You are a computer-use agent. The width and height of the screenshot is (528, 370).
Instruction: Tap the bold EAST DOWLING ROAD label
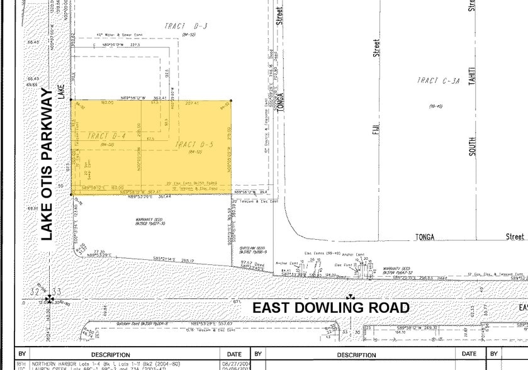point(331,308)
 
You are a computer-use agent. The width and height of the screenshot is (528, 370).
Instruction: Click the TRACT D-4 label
point(107,136)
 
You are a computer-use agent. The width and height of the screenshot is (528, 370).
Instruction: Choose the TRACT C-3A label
point(435,81)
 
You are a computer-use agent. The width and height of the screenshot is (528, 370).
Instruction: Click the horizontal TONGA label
point(425,237)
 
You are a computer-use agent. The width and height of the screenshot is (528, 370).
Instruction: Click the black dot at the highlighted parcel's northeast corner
point(231,101)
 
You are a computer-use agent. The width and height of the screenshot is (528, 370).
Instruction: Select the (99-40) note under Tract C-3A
point(435,106)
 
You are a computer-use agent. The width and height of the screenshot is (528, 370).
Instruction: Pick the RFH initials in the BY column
point(21,364)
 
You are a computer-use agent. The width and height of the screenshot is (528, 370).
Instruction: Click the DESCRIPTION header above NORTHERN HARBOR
point(110,355)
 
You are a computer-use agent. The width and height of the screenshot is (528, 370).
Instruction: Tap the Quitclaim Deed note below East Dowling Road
point(133,323)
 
